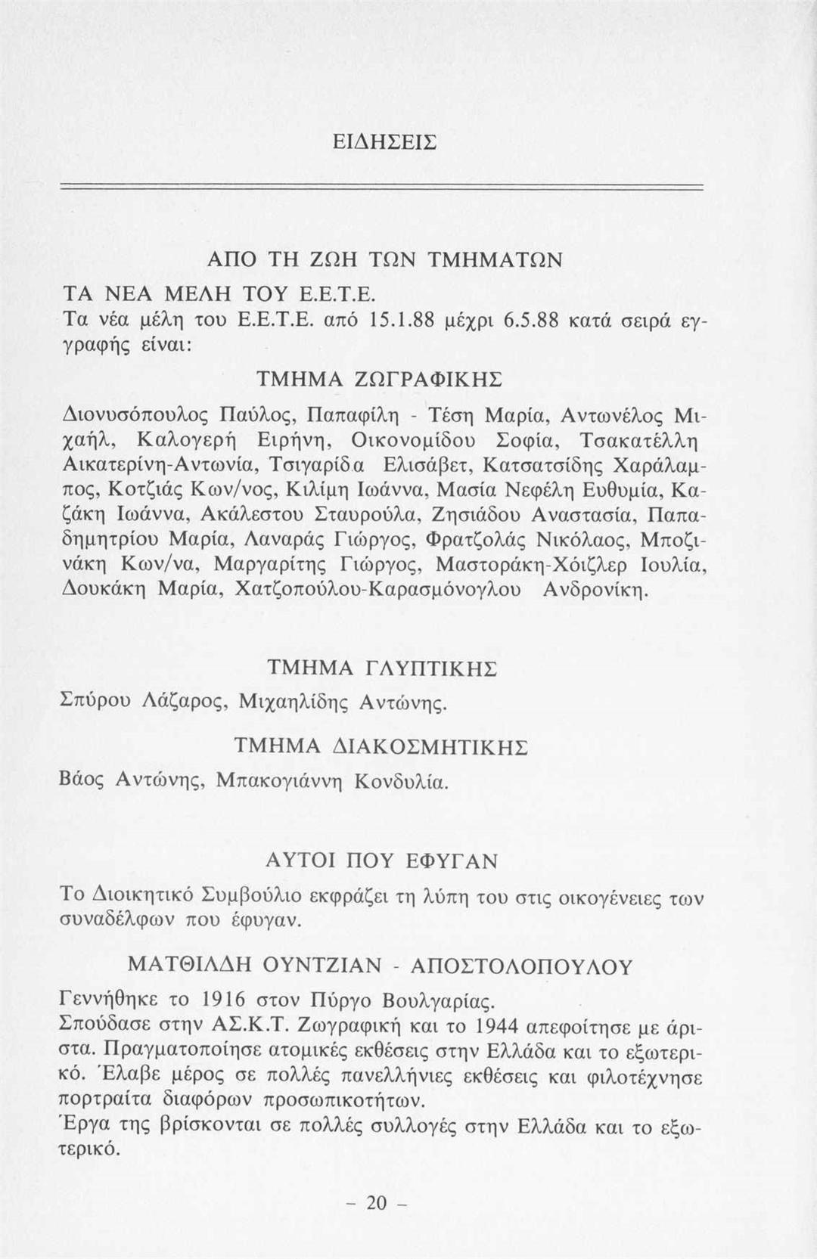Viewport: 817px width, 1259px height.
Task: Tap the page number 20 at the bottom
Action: pos(376,1202)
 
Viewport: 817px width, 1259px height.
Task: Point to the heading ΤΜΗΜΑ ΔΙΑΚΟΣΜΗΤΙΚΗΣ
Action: pos(381,746)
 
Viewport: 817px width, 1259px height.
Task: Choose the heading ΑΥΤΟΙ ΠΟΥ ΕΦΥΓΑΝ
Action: pos(383,861)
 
